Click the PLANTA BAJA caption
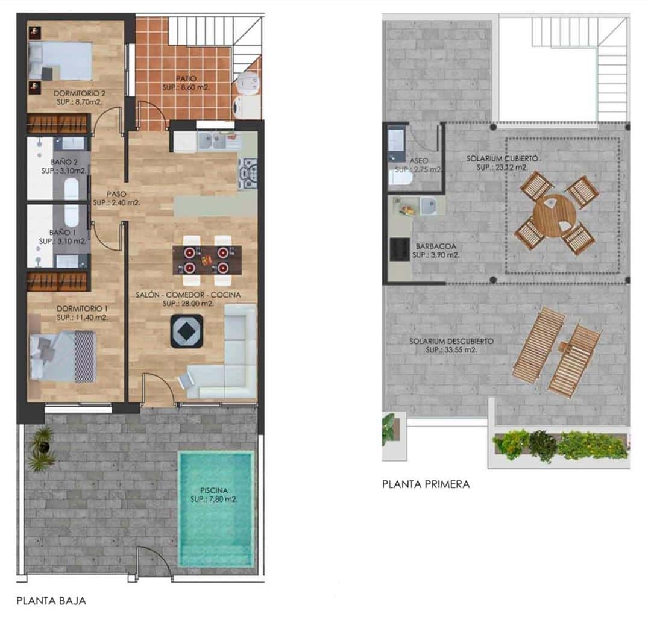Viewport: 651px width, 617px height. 51,601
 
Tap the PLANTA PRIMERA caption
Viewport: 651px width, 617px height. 426,484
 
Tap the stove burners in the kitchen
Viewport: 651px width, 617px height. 249,174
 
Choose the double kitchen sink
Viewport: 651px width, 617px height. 216,141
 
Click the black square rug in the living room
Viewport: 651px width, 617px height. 187,331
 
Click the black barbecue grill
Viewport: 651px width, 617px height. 398,249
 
